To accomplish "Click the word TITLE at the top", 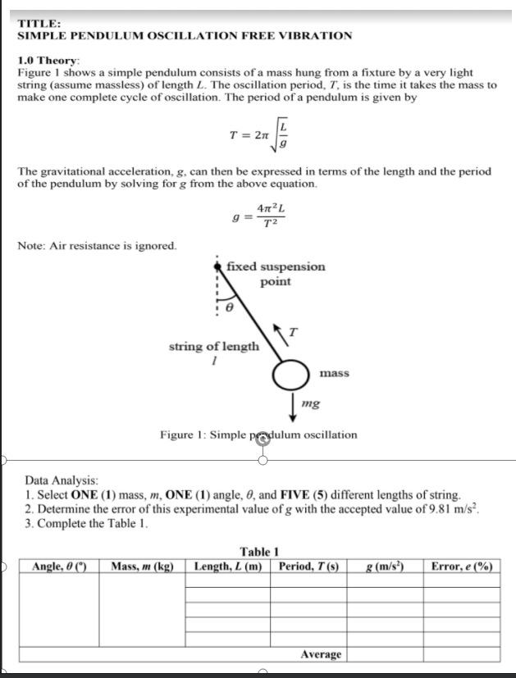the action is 34,24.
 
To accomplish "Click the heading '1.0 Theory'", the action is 48,61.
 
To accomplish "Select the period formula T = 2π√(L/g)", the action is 258,134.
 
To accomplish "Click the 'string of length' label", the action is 213,347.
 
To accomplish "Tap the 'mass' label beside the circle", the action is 334,373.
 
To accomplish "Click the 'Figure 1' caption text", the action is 258,434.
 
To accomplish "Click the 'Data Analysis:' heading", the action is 62,480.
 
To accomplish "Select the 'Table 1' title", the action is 259,552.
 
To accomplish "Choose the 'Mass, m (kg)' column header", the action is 142,566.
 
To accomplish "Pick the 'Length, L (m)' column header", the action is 228,566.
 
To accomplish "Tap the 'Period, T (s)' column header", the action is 308,566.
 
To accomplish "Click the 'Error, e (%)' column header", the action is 461,566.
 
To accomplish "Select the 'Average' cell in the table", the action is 321,653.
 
